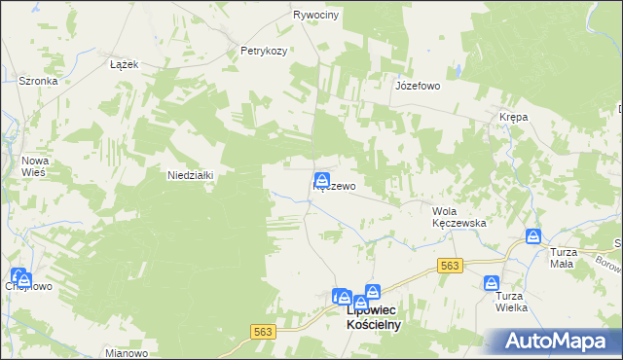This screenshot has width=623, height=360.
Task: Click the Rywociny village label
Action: click(316, 16)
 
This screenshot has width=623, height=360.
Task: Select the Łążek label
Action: click(124, 63)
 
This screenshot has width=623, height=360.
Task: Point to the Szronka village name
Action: click(38, 82)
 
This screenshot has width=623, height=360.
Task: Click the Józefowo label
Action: click(418, 86)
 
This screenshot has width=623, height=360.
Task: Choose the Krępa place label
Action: click(513, 117)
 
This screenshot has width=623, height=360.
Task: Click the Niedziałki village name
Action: click(191, 175)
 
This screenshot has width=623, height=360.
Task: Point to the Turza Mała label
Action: click(563, 258)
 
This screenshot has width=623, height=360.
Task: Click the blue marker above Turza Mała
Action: click(533, 236)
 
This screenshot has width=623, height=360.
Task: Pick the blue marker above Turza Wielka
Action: click(492, 283)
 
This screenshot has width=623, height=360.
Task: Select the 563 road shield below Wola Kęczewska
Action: click(449, 265)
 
